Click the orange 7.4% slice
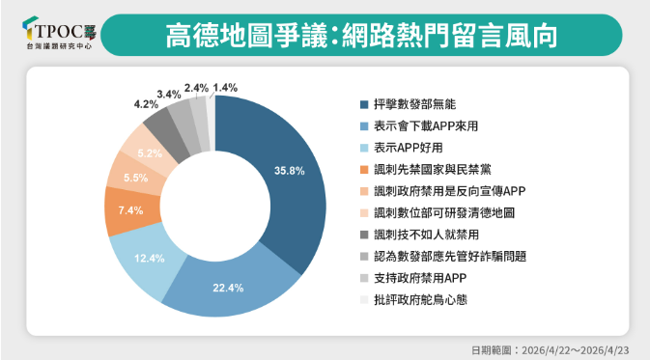(123, 209)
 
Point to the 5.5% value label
(135, 178)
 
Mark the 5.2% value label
(149, 152)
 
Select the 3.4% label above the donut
(168, 94)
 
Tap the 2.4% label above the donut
(196, 88)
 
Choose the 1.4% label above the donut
(225, 88)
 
